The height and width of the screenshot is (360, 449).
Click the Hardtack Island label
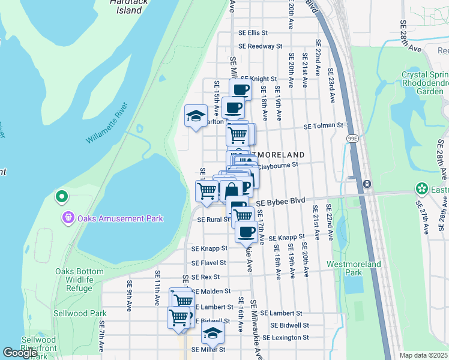coord(126,6)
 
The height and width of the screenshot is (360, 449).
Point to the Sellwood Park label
coord(80,313)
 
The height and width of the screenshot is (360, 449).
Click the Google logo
coord(20,353)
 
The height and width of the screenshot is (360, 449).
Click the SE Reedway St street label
coord(260,46)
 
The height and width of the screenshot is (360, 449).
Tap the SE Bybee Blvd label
coord(281,203)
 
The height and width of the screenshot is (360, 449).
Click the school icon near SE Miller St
coord(212,333)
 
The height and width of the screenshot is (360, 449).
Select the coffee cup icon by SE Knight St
coord(240,90)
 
